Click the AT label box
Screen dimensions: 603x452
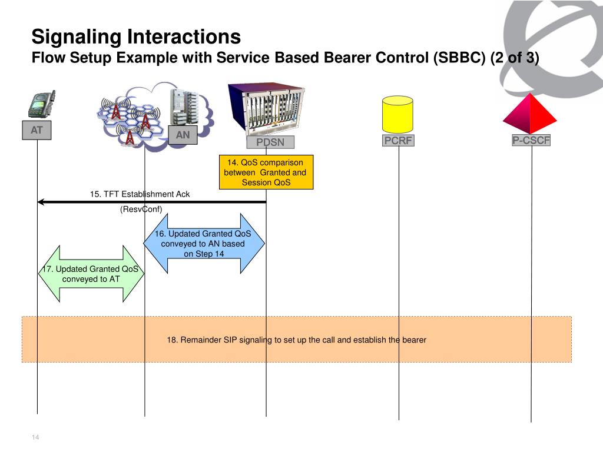[37, 130]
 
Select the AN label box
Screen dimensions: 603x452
[183, 135]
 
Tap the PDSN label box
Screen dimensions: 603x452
[270, 142]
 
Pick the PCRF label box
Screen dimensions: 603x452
[398, 140]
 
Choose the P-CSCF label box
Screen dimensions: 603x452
[531, 140]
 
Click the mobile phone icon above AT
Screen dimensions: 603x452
[42, 104]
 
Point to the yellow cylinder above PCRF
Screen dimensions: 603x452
[397, 114]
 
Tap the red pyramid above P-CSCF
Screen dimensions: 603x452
[530, 114]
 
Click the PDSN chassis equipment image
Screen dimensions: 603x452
[266, 108]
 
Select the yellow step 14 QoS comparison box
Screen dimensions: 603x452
[266, 172]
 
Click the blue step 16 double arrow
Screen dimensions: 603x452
[204, 243]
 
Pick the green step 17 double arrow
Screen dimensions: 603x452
[91, 274]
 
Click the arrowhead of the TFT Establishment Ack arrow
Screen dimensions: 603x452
[41, 202]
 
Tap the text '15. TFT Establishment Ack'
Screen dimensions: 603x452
[140, 194]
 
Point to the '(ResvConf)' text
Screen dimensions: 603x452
[141, 209]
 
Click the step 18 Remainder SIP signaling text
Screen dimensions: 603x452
[297, 340]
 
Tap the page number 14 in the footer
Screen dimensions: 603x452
[35, 437]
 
